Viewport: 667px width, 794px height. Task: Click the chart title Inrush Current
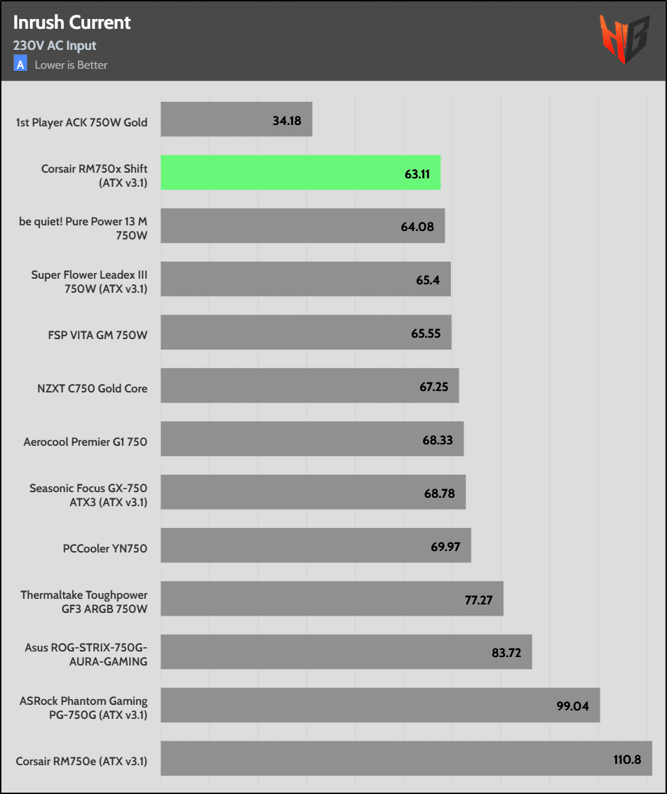click(x=72, y=22)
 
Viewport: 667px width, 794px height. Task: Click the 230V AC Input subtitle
click(x=55, y=46)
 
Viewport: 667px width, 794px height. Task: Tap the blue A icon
click(x=20, y=65)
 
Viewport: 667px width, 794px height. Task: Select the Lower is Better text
click(x=71, y=65)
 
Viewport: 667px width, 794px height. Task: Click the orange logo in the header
click(x=623, y=39)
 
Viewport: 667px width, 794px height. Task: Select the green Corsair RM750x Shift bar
click(x=300, y=173)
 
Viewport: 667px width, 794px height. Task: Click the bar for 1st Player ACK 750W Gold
click(x=236, y=119)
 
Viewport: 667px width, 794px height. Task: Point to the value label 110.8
click(x=626, y=759)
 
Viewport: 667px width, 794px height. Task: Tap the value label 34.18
click(x=287, y=121)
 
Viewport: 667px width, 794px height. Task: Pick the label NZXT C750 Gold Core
click(x=92, y=388)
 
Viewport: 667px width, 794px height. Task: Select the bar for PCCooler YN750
click(x=316, y=545)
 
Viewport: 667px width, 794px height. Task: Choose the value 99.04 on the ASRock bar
click(x=573, y=706)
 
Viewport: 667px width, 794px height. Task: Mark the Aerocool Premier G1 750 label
click(x=85, y=442)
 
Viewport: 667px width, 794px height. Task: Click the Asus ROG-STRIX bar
click(x=346, y=652)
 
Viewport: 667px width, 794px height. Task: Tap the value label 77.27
click(x=479, y=600)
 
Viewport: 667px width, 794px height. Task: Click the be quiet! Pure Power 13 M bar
click(x=302, y=226)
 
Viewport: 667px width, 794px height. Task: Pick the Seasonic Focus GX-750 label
click(x=88, y=495)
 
